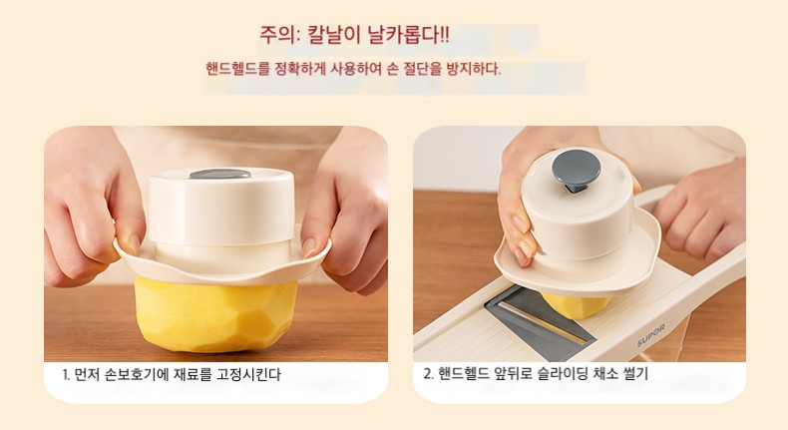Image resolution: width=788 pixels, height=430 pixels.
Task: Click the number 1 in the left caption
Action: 65,375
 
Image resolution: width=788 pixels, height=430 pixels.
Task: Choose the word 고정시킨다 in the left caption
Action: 248,375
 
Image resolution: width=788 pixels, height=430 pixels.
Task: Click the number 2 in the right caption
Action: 427,374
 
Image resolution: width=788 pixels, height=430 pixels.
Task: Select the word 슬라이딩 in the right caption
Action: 561,374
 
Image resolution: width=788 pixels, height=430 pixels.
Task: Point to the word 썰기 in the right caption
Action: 635,374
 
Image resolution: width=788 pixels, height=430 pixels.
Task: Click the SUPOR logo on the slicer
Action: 650,335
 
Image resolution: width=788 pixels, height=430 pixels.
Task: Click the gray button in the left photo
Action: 219,174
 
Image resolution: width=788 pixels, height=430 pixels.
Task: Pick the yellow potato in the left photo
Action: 216,314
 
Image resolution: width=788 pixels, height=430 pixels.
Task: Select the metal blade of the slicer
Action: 541,316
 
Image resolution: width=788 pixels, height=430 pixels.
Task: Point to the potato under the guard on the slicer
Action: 576,304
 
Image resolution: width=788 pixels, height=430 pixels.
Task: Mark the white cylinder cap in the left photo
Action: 220,207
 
